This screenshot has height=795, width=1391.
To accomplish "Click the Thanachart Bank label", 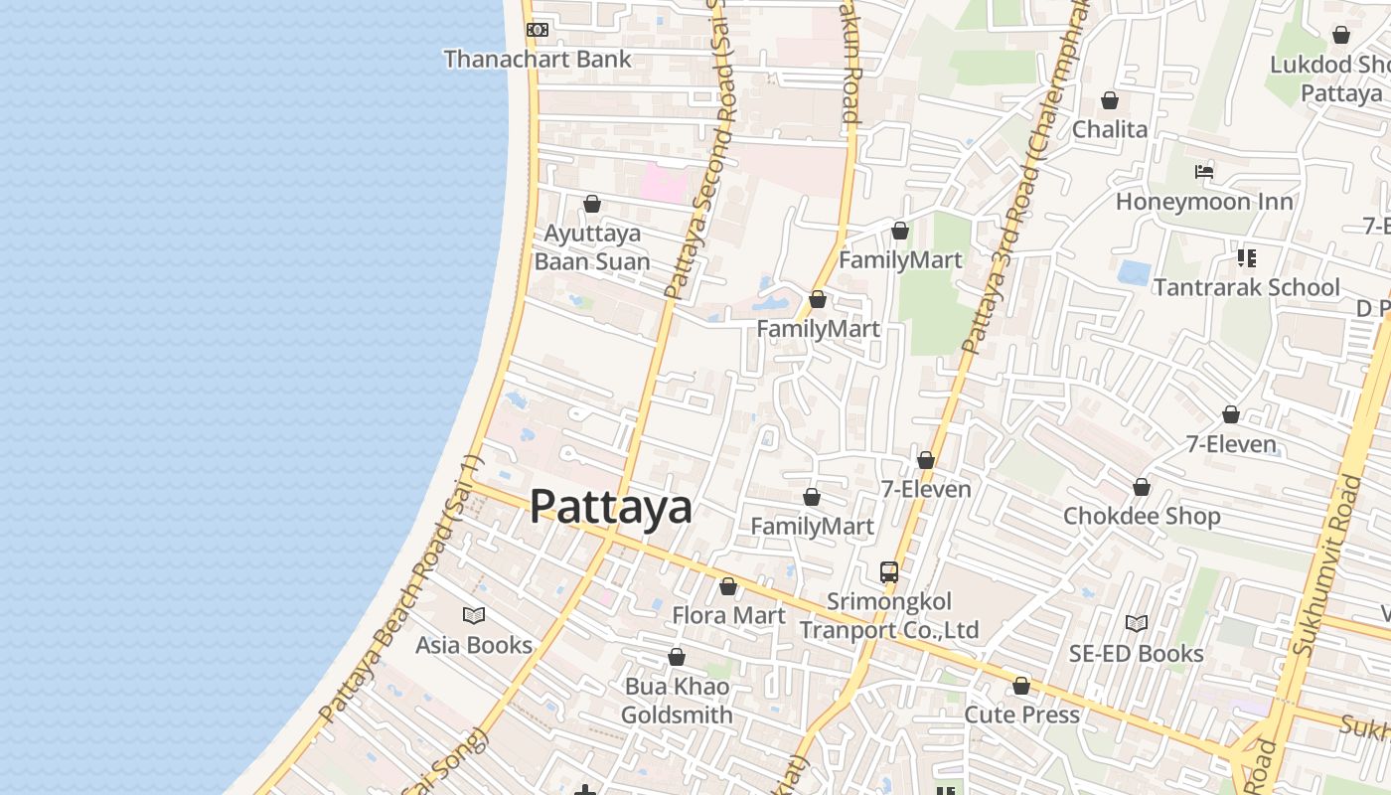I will point(537,59).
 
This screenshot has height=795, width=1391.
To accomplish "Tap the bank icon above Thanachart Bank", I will point(537,30).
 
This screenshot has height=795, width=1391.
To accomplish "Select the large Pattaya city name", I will point(610,507).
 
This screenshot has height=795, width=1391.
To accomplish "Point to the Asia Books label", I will point(474,645).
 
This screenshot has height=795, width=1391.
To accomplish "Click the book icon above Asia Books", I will point(474,616).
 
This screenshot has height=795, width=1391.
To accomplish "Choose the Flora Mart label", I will point(728,615).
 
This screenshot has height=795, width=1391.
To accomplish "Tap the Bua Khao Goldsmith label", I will point(677,701).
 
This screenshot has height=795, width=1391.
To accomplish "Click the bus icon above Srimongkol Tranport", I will point(889,572).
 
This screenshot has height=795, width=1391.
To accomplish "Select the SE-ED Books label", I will point(1136,653).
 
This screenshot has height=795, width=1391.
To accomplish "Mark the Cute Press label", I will point(1021,715).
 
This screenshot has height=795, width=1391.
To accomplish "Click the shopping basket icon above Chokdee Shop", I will point(1142,487).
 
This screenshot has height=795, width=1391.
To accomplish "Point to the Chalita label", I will point(1109,129).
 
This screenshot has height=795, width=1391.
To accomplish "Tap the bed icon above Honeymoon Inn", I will point(1204,172).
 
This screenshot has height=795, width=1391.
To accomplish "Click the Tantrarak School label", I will point(1246,287).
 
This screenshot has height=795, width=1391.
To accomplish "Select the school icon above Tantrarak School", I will point(1246,258).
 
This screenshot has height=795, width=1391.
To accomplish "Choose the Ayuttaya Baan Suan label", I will point(592,247).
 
